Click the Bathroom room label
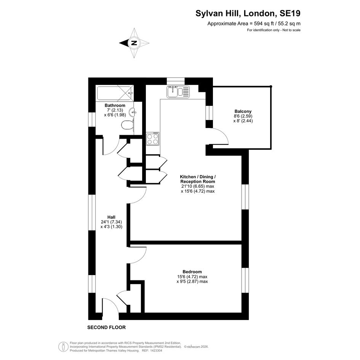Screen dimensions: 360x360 (115, 106)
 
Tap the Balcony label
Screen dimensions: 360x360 (243, 111)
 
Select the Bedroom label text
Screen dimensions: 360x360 (192, 272)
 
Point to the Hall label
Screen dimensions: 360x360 (111, 217)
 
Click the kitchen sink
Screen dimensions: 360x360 (178, 91)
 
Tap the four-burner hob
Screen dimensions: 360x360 (153, 138)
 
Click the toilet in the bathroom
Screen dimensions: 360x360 (127, 126)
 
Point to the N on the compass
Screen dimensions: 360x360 (134, 43)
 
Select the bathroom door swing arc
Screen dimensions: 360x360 (114, 149)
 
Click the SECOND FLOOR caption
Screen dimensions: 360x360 (107, 327)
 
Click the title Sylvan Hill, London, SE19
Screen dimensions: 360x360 (248, 13)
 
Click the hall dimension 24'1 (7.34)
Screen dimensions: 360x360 (111, 222)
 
